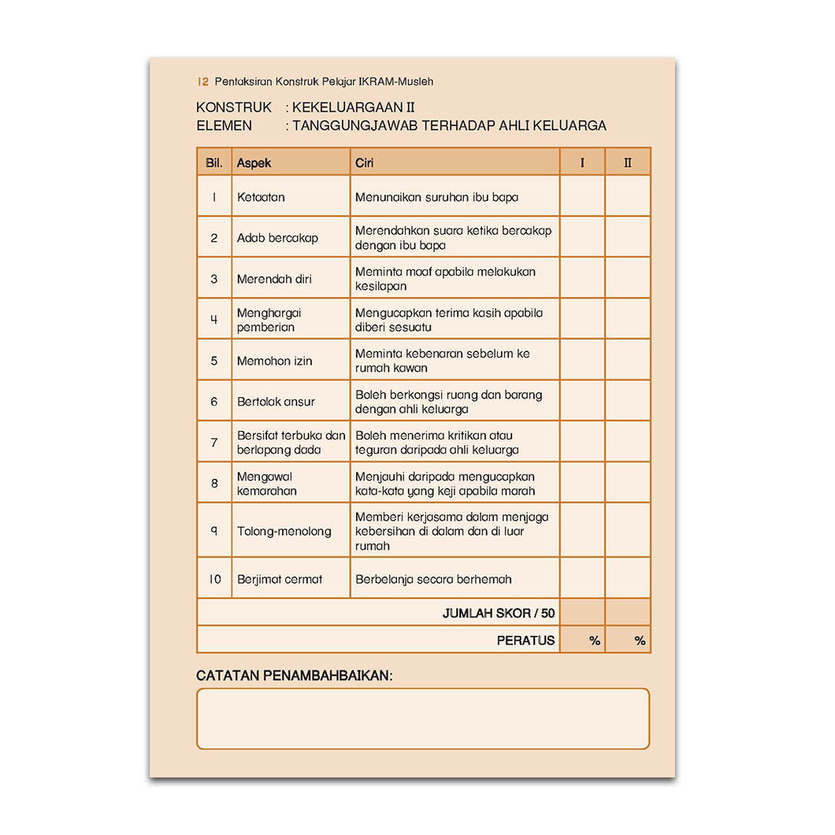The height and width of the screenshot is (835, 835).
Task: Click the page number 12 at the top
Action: click(x=203, y=81)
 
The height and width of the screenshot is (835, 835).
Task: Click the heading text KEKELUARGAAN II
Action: click(x=353, y=107)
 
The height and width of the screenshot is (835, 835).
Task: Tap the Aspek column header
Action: click(x=254, y=162)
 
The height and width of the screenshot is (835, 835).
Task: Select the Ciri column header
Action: click(x=364, y=162)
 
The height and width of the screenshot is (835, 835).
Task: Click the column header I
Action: click(x=582, y=162)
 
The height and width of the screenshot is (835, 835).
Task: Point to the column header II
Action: click(x=628, y=162)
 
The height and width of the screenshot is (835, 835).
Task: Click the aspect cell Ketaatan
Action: click(x=261, y=197)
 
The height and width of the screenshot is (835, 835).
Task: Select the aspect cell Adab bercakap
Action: click(x=277, y=238)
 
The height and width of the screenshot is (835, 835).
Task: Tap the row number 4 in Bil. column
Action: click(x=214, y=320)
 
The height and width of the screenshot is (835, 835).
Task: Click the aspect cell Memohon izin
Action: click(x=274, y=361)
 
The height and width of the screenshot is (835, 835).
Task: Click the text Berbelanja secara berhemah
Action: click(x=433, y=579)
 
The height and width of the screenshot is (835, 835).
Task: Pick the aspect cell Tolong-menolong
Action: click(x=284, y=531)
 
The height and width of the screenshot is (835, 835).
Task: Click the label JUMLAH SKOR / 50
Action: click(x=498, y=613)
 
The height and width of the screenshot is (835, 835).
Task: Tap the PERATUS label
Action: click(x=525, y=640)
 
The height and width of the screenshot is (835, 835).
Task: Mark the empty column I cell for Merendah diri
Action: click(x=582, y=278)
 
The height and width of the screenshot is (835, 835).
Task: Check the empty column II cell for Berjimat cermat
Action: click(x=628, y=578)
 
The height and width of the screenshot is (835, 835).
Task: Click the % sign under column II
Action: click(x=640, y=640)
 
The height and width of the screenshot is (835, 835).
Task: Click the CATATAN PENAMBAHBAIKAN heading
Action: click(x=294, y=676)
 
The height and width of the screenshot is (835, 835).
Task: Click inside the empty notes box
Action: click(x=422, y=718)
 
